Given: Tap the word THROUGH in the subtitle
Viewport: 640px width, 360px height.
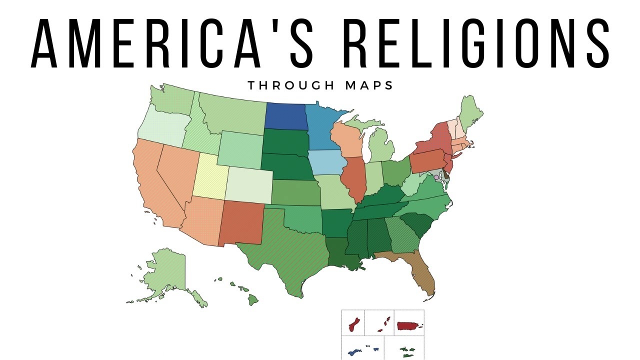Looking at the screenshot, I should (289, 85).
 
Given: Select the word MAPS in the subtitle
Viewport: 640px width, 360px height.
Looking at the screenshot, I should (369, 85).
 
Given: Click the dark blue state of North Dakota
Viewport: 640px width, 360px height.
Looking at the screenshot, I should (285, 116).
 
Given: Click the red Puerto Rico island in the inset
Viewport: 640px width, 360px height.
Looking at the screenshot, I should (408, 326).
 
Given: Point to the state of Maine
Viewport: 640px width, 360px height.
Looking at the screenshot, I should (470, 112).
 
